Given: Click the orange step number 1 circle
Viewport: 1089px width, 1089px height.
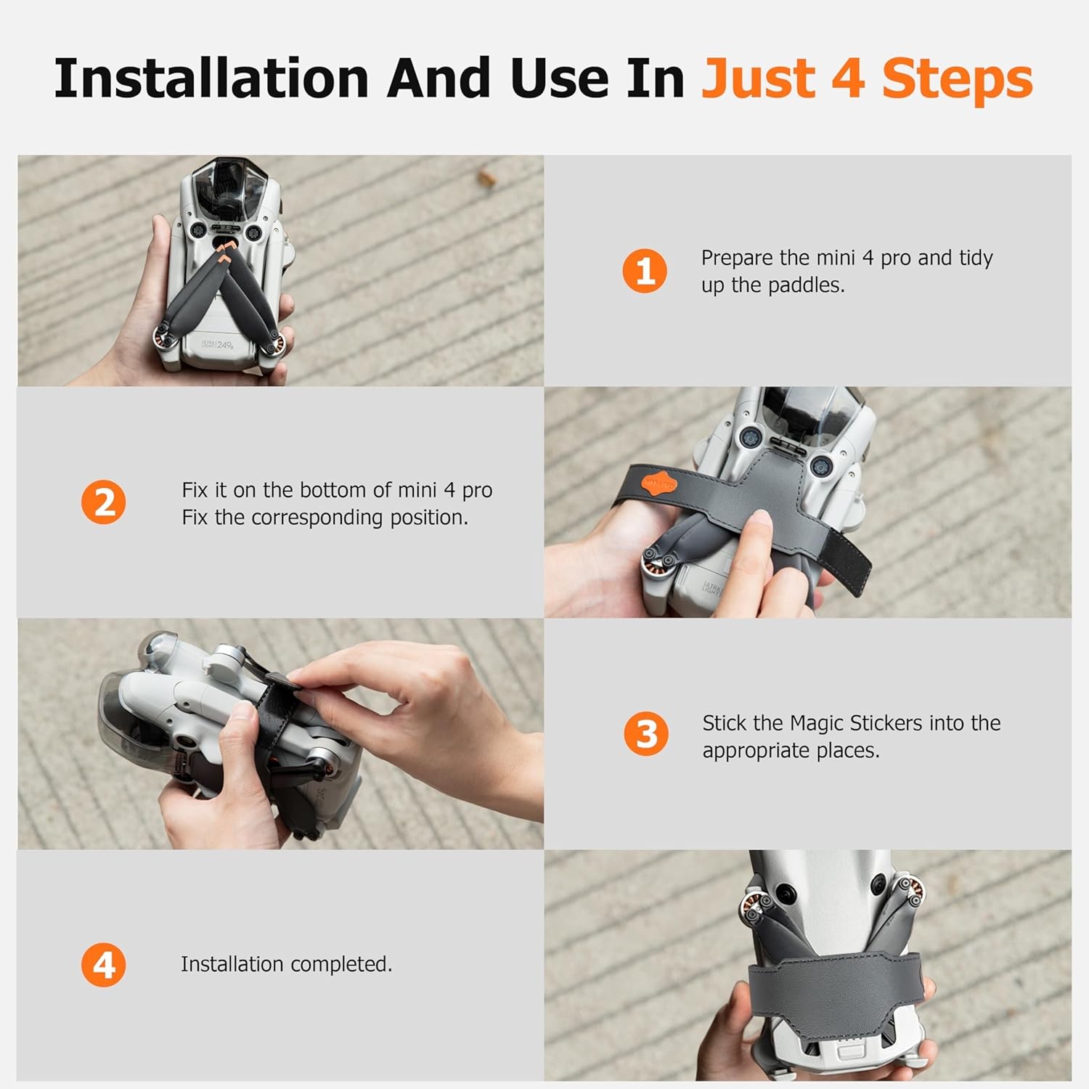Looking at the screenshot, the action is (x=645, y=271).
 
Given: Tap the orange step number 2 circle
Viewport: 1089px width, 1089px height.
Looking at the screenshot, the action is (x=103, y=502).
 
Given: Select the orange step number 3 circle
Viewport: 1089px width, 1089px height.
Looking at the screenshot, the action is (x=646, y=734).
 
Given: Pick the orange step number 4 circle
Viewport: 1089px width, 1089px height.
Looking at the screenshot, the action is (x=104, y=965).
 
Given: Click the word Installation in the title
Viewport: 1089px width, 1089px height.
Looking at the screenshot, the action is (x=211, y=78).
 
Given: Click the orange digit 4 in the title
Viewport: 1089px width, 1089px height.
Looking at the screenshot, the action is (x=847, y=78).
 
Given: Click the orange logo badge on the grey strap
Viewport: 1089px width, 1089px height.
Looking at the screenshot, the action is (x=658, y=482).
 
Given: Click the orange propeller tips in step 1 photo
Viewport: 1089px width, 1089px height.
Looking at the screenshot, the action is (x=225, y=251).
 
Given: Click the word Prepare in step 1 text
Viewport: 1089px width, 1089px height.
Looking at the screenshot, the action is (x=737, y=258).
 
